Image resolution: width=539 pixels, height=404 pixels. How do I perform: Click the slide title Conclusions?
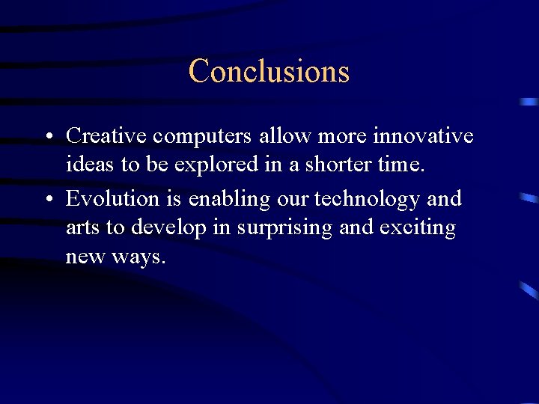pyautogui.click(x=269, y=71)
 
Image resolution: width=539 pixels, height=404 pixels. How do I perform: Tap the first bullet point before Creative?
pyautogui.click(x=47, y=137)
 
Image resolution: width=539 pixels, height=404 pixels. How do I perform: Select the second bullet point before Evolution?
pyautogui.click(x=47, y=200)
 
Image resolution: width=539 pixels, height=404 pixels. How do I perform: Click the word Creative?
pyautogui.click(x=106, y=135)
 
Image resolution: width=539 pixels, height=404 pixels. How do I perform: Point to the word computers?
pyautogui.click(x=202, y=137)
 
